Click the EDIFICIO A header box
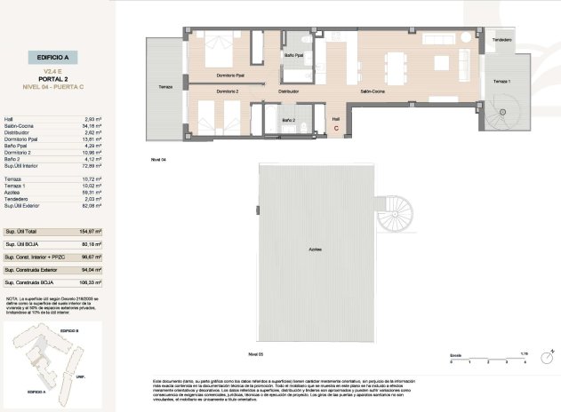pos(53,55)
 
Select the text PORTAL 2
pos(53,77)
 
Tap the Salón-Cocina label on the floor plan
pos(371,91)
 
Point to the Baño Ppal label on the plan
pos(294,55)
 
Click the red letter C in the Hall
pos(336,128)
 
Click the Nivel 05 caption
pos(256,354)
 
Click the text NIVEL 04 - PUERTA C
pos(53,87)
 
